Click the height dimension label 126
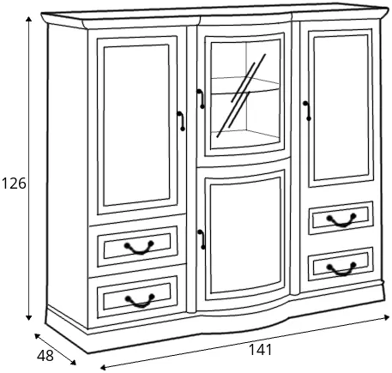(14, 183)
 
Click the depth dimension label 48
(45, 356)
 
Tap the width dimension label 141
(261, 350)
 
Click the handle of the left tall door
(181, 121)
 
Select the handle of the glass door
(201, 99)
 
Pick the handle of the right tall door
(307, 111)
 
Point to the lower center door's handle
(202, 239)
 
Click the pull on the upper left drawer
(139, 248)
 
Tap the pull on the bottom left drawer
(140, 301)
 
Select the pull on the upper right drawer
(341, 220)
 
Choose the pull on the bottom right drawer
(341, 269)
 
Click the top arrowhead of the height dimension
(28, 20)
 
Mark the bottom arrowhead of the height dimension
(28, 317)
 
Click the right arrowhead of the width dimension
(387, 317)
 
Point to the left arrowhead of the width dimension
(104, 367)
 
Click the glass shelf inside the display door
(245, 87)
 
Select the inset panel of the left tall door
(136, 125)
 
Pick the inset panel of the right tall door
(341, 108)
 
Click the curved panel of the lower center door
(245, 236)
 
